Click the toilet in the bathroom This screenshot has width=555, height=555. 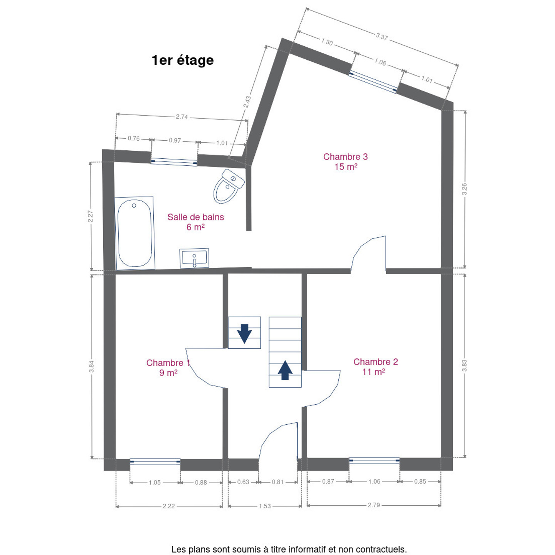tap(229, 186)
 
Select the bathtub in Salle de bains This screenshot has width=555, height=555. tap(135, 233)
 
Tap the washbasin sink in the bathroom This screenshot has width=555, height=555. tap(194, 258)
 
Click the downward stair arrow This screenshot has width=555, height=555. tap(244, 333)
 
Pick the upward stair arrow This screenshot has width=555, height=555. tap(285, 370)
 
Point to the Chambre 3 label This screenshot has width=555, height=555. tap(345, 161)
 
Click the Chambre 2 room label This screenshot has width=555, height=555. tap(375, 367)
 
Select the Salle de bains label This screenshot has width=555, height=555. tap(195, 222)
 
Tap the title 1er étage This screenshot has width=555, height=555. tap(183, 61)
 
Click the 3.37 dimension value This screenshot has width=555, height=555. tap(382, 37)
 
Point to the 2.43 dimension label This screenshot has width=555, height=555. tap(247, 102)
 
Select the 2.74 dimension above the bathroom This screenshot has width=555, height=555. tap(182, 117)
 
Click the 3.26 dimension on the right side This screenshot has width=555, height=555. tap(464, 189)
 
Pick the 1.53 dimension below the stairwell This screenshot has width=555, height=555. tap(265, 506)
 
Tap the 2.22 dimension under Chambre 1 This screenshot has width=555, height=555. tap(168, 506)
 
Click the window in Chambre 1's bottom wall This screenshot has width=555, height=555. tap(155, 461)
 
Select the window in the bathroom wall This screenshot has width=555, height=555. tap(174, 162)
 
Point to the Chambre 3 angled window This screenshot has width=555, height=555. tap(373, 82)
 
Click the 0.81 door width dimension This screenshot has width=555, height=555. tap(277, 482)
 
